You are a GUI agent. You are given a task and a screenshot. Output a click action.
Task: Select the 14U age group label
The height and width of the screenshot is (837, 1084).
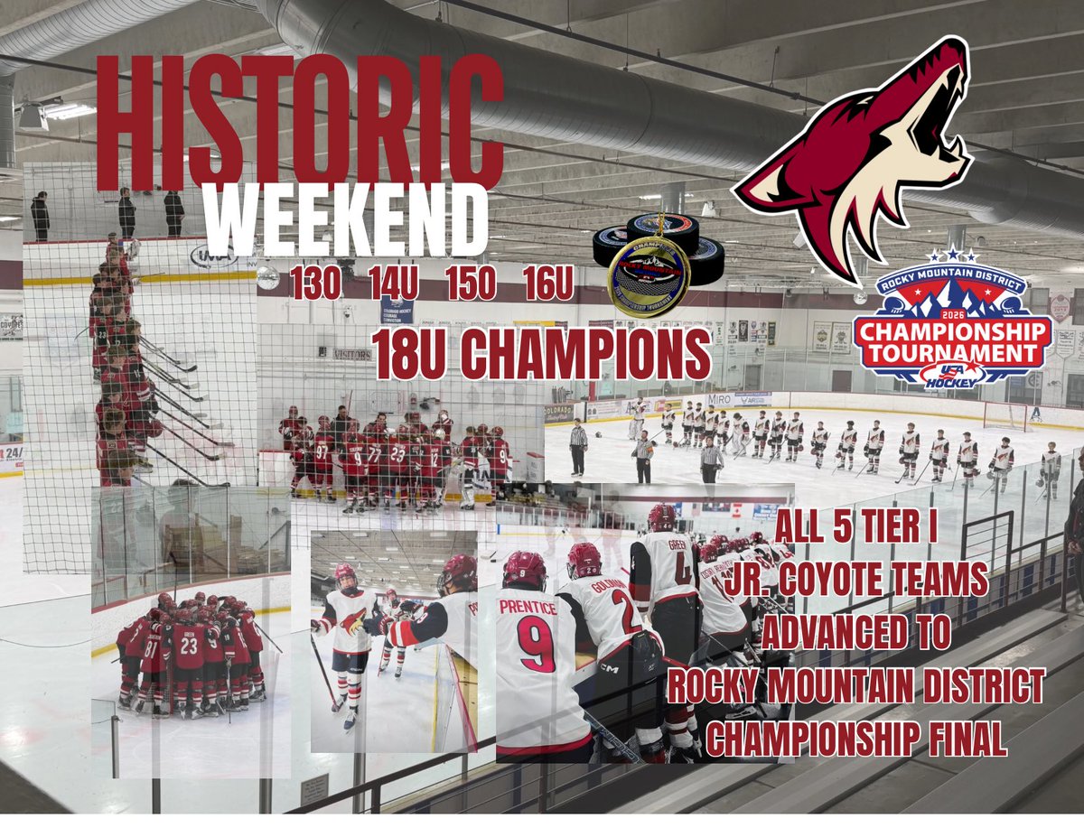pyautogui.click(x=393, y=285)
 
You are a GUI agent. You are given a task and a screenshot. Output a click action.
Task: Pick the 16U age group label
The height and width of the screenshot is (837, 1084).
pyautogui.click(x=547, y=285)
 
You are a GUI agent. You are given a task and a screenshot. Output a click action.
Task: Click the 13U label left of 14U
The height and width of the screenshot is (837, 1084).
pyautogui.click(x=315, y=285)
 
